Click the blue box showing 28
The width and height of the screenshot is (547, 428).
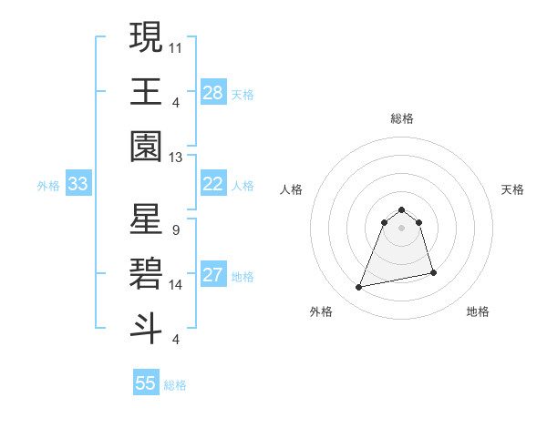click(212, 93)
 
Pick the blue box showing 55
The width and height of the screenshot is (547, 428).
click(146, 383)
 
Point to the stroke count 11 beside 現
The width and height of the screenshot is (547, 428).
click(176, 46)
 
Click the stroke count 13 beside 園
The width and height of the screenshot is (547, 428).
click(176, 157)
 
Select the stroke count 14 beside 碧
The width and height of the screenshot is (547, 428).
click(176, 285)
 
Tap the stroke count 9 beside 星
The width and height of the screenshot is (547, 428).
click(175, 229)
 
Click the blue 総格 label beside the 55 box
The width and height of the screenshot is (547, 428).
click(175, 385)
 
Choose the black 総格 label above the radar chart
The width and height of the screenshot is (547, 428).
click(401, 118)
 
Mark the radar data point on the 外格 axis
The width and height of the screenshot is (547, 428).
click(359, 288)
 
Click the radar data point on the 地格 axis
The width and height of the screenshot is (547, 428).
click(433, 272)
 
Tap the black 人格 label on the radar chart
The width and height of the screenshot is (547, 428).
click(292, 189)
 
